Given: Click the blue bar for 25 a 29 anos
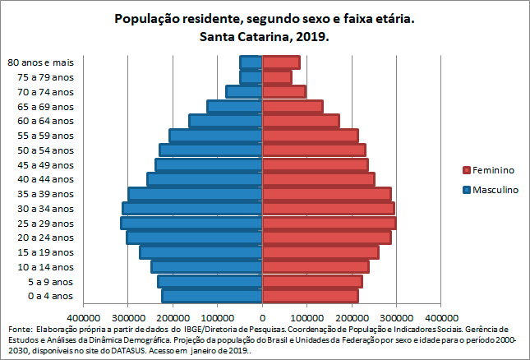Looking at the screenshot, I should pos(191,224).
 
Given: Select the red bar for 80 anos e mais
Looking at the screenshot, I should pos(281,62).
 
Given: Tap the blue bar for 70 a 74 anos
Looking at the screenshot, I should pos(244,92).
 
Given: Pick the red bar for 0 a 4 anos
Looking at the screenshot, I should pos(310,296).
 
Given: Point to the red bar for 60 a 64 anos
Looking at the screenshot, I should pos(301,121).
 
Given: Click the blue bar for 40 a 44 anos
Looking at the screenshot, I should pos(205,179).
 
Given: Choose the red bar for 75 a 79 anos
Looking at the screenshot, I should pos(277,77).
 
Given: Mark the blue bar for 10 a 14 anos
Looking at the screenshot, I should pos(207,267).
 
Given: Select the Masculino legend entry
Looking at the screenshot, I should pos(490,189).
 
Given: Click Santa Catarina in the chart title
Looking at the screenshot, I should pos(247,37).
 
